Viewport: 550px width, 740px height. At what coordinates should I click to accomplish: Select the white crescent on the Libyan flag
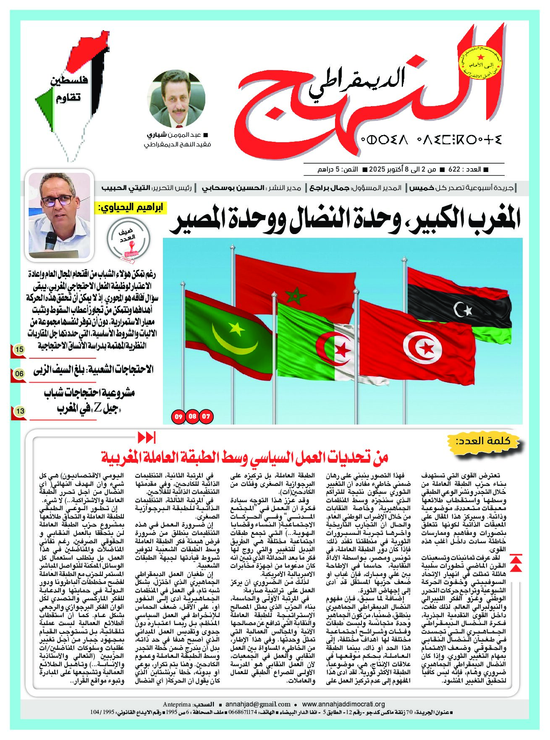[x=460, y=310]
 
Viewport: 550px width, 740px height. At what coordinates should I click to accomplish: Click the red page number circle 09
[x=178, y=417]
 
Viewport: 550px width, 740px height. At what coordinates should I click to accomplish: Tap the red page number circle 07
[x=206, y=417]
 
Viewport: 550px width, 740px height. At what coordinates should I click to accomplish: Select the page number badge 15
[x=19, y=349]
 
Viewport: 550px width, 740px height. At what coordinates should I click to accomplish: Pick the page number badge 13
[x=20, y=411]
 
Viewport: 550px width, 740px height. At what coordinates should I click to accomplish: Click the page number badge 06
[x=19, y=373]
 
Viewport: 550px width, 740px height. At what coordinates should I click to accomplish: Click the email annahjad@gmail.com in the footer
[x=258, y=704]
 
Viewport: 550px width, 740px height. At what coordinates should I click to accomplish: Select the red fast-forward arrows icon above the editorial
[x=147, y=438]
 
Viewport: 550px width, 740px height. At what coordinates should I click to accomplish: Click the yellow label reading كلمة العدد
[x=488, y=441]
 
